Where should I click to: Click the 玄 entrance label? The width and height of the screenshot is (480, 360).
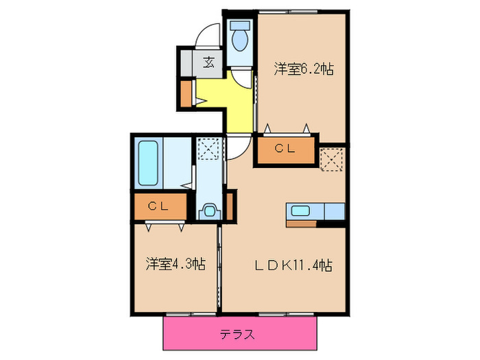(209, 62)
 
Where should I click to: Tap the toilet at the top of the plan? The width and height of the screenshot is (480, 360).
(240, 38)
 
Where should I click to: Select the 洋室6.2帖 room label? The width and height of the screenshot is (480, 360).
(304, 69)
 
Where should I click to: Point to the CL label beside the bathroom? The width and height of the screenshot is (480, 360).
(159, 206)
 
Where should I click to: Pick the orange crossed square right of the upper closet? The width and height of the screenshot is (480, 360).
(332, 158)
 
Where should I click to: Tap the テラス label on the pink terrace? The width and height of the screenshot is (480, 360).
(238, 335)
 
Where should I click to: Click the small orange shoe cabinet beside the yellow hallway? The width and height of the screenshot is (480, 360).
(186, 94)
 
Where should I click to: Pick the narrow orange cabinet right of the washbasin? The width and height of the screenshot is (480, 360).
(231, 206)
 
